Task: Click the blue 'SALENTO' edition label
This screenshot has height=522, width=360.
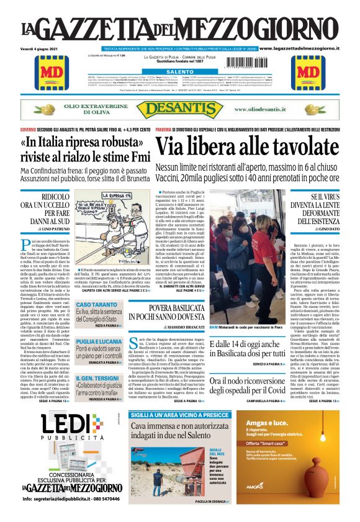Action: (180, 71)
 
